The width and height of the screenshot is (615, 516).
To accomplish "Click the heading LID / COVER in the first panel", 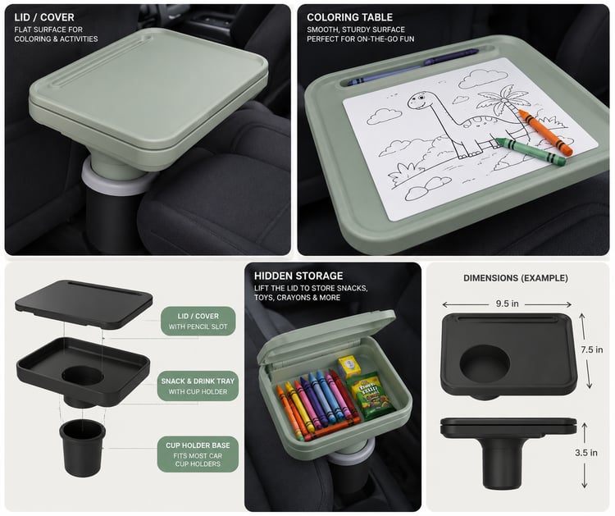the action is pyautogui.click(x=44, y=17).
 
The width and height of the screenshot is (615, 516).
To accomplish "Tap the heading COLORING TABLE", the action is pyautogui.click(x=349, y=17).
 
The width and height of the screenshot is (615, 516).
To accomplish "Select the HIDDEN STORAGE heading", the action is pyautogui.click(x=298, y=276).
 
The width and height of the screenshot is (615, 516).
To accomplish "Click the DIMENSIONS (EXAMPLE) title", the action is pyautogui.click(x=516, y=278).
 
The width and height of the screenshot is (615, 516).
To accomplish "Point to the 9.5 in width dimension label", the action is pyautogui.click(x=507, y=304).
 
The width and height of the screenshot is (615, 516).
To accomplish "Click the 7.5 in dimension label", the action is pyautogui.click(x=592, y=349).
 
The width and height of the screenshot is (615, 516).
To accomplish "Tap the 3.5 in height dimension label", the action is pyautogui.click(x=586, y=453).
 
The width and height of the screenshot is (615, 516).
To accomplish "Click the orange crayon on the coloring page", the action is pyautogui.click(x=545, y=133).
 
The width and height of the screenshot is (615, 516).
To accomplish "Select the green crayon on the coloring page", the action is pyautogui.click(x=531, y=151).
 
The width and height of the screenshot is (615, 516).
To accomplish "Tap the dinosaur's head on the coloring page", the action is pyautogui.click(x=420, y=101).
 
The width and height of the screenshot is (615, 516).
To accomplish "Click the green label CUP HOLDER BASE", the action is pyautogui.click(x=198, y=454).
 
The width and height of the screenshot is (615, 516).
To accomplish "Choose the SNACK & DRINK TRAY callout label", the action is pyautogui.click(x=198, y=386).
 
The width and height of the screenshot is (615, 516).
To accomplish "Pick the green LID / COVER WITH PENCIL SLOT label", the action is pyautogui.click(x=198, y=321).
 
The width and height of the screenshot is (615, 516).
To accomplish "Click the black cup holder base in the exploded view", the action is pyautogui.click(x=82, y=448).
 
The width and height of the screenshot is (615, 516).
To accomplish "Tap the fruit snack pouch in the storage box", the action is pyautogui.click(x=369, y=395).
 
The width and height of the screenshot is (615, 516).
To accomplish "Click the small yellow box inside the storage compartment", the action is pyautogui.click(x=349, y=367).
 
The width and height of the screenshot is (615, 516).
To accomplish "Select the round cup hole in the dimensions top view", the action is pyautogui.click(x=485, y=362).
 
